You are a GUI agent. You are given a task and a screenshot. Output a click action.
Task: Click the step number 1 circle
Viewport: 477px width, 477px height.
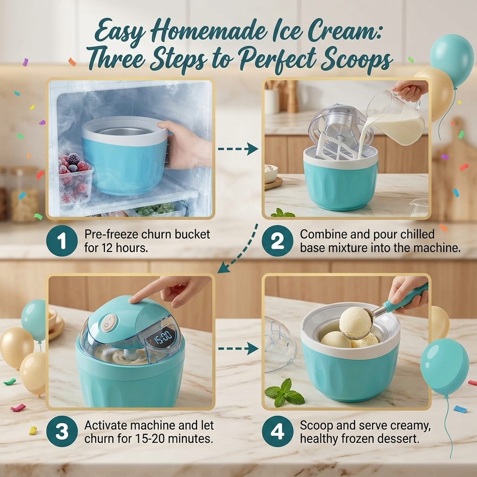[62, 241]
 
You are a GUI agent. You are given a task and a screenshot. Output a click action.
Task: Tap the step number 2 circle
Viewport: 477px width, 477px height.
[278, 241]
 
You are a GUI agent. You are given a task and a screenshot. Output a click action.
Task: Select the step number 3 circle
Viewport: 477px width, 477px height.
[62, 431]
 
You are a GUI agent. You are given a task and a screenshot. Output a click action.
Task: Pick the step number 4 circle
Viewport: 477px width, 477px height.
[278, 431]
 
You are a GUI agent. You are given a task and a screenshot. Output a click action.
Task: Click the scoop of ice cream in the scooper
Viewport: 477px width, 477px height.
[355, 322]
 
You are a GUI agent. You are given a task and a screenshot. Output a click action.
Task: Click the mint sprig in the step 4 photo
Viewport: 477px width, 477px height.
[285, 393]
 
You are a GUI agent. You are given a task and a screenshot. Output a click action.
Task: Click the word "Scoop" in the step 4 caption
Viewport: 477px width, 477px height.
[316, 426]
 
